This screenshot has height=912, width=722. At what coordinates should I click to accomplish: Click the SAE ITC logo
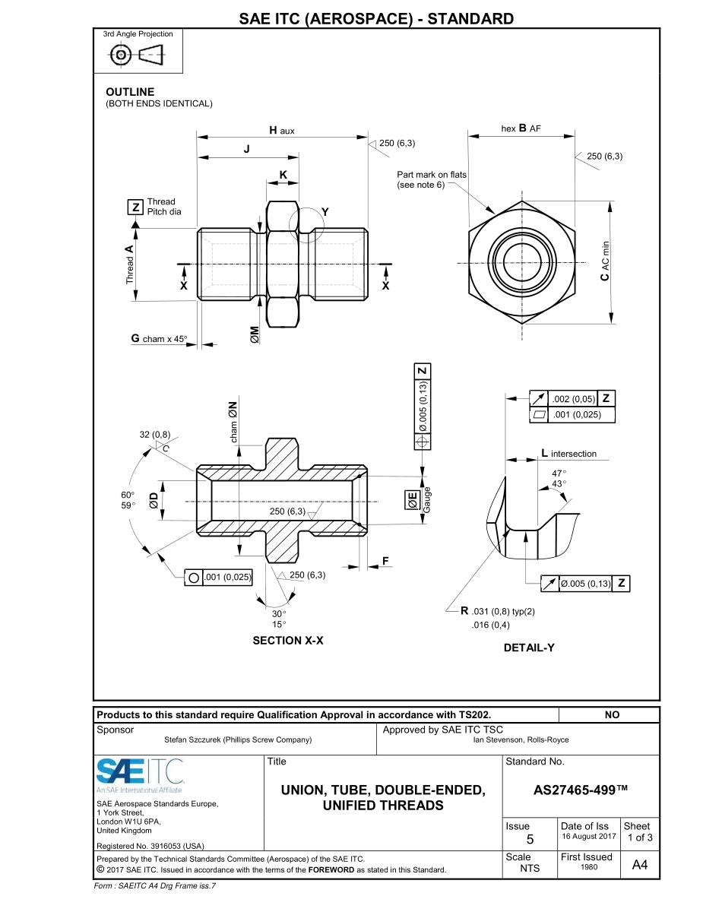pyautogui.click(x=141, y=773)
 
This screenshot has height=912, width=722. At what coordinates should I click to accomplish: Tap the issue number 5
pyautogui.click(x=530, y=839)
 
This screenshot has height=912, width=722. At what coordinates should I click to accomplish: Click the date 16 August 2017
pyautogui.click(x=588, y=836)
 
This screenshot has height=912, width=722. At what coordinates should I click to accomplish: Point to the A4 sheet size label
pyautogui.click(x=640, y=864)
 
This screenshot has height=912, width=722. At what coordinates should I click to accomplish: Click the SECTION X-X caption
pyautogui.click(x=288, y=641)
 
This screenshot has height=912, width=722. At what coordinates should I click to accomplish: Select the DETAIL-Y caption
pyautogui.click(x=529, y=648)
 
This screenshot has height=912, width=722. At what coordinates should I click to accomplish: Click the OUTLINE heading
pyautogui.click(x=130, y=92)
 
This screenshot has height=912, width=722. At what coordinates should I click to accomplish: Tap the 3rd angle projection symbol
pyautogui.click(x=137, y=55)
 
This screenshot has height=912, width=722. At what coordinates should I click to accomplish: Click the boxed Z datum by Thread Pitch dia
pyautogui.click(x=135, y=207)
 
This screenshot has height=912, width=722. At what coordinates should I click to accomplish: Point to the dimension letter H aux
pyautogui.click(x=281, y=131)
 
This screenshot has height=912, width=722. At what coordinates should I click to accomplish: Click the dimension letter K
pyautogui.click(x=283, y=175)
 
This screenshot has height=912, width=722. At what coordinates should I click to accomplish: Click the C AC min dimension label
pyautogui.click(x=604, y=261)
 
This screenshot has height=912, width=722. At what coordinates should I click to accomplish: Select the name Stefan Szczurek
pyautogui.click(x=238, y=739)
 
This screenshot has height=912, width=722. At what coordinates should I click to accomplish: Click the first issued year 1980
pyautogui.click(x=586, y=867)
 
